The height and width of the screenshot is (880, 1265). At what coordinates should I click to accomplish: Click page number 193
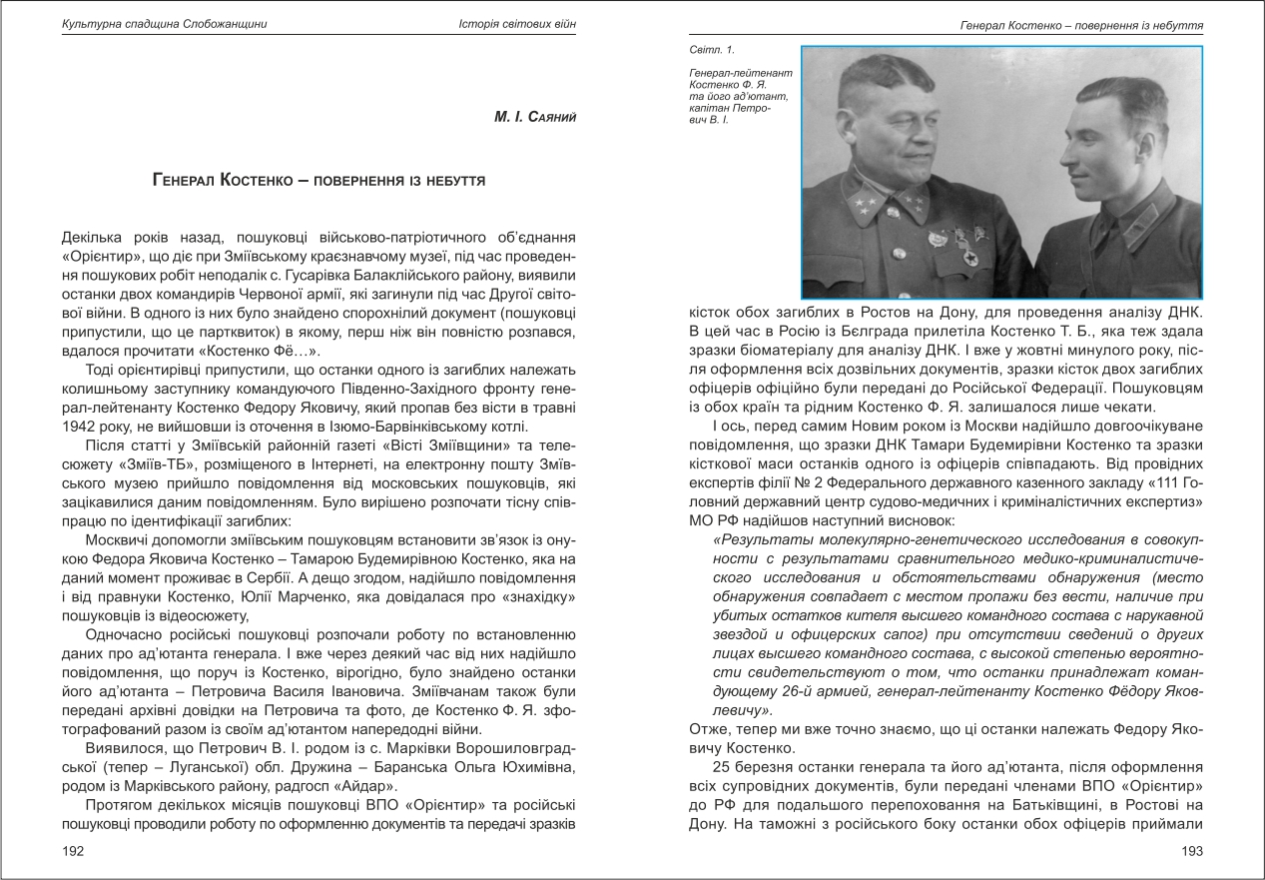coord(1191,851)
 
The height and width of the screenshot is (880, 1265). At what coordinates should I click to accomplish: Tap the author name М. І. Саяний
coord(535,118)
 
